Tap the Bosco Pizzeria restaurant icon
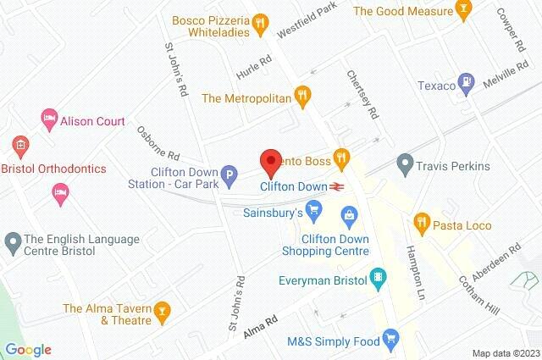263,23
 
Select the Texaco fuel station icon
465,85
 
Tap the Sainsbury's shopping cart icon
313,208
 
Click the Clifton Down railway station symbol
337,186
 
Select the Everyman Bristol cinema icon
378,277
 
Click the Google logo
29,350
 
